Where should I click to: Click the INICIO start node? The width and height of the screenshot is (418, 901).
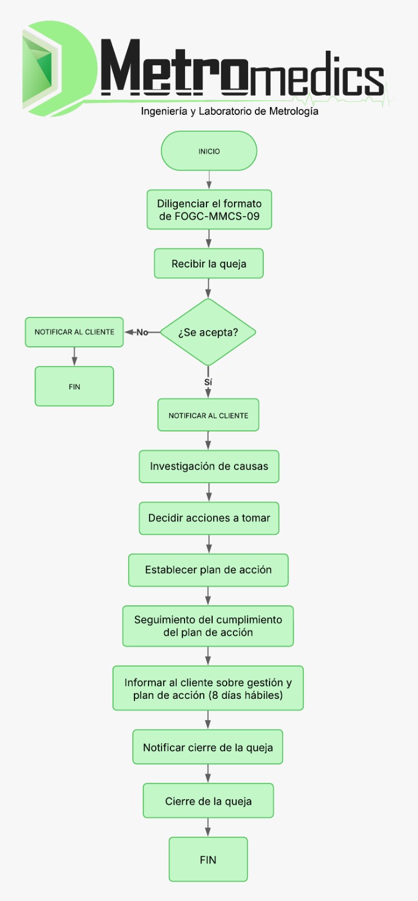pyautogui.click(x=209, y=151)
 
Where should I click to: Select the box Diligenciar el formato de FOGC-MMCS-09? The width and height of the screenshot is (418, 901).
pyautogui.click(x=209, y=209)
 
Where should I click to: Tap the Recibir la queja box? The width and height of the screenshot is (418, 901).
pyautogui.click(x=209, y=264)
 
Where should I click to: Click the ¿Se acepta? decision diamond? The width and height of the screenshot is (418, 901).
pyautogui.click(x=208, y=332)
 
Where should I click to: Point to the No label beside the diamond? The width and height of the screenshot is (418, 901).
pyautogui.click(x=142, y=332)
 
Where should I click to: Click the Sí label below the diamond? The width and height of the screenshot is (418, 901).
pyautogui.click(x=208, y=382)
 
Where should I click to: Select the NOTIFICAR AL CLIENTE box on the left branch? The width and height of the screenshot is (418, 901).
pyautogui.click(x=74, y=332)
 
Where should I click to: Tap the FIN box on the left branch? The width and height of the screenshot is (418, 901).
pyautogui.click(x=74, y=386)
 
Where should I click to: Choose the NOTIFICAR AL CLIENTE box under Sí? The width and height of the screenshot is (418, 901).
pyautogui.click(x=208, y=415)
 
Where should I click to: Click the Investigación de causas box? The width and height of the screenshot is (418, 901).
pyautogui.click(x=209, y=466)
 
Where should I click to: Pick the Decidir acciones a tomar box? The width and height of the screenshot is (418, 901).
pyautogui.click(x=209, y=518)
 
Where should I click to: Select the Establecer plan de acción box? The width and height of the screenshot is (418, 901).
pyautogui.click(x=208, y=570)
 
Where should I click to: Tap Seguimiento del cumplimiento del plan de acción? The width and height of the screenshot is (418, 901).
pyautogui.click(x=208, y=626)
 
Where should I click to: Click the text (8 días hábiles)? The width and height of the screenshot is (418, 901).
pyautogui.click(x=245, y=695)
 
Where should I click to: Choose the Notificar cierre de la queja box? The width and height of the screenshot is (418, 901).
pyautogui.click(x=208, y=747)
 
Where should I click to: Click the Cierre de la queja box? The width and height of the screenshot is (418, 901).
pyautogui.click(x=208, y=801)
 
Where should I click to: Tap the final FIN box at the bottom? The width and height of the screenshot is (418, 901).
pyautogui.click(x=208, y=859)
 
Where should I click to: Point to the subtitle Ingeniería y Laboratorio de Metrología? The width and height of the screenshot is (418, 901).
pyautogui.click(x=230, y=111)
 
